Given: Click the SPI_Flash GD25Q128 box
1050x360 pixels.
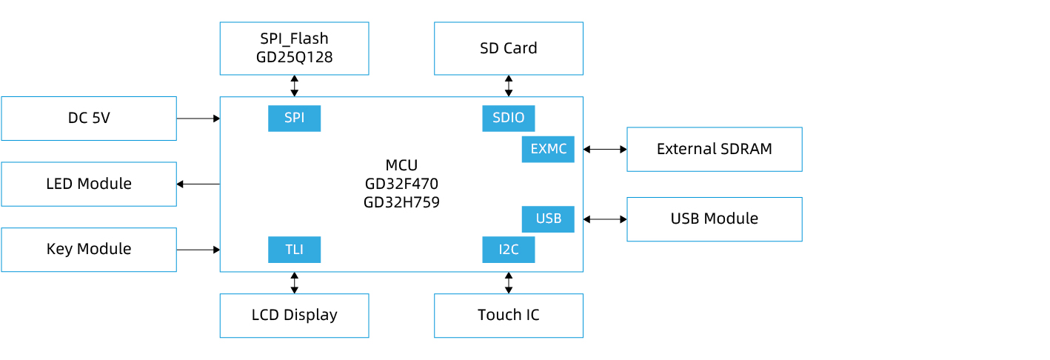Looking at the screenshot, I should click(294, 48).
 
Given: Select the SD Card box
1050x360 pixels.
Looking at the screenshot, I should click(508, 48).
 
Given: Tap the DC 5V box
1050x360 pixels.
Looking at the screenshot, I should click(89, 119).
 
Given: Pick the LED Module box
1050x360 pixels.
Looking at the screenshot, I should click(89, 184).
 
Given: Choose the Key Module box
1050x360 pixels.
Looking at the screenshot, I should click(89, 250).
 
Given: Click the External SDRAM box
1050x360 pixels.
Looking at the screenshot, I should click(714, 149).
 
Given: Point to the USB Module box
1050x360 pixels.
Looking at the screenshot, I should click(714, 219).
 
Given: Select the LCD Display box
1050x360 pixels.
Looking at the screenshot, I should click(294, 316).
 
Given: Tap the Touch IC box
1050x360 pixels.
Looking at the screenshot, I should click(508, 316).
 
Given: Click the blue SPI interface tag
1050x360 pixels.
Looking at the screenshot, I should click(294, 119).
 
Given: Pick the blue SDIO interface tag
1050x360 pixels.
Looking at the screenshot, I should click(508, 119).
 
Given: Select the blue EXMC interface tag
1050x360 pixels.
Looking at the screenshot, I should click(548, 149).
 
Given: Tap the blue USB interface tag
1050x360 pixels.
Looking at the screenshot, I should click(548, 219).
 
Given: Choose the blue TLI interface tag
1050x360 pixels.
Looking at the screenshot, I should click(294, 250).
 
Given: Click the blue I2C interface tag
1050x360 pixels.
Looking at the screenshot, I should click(508, 250).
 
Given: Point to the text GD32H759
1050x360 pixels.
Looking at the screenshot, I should click(401, 202).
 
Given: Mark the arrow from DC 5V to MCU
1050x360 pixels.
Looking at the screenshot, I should click(198, 119).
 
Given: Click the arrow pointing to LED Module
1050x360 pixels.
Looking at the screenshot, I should click(198, 184).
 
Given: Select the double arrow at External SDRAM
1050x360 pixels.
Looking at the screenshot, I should click(605, 149).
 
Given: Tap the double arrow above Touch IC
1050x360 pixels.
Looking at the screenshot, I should click(508, 283).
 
